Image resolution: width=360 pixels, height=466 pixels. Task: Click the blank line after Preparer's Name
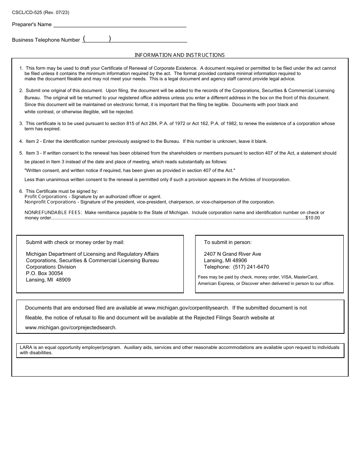pos(120,25)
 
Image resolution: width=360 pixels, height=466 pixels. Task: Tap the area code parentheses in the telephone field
pos(97,39)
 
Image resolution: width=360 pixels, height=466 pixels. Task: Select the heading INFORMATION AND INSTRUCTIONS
pos(180,55)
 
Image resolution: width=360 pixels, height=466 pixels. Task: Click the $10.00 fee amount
pos(313,218)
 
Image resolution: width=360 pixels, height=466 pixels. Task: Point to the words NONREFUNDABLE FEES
pos(53,213)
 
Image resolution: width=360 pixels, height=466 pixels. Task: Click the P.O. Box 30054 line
pos(44,273)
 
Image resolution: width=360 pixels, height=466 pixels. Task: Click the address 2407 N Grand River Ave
pos(232,254)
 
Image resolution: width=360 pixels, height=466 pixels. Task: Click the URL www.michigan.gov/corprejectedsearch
pos(71,327)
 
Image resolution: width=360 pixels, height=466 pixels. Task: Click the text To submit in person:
pos(228,242)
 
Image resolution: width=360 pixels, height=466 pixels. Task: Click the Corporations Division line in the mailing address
pos(51,267)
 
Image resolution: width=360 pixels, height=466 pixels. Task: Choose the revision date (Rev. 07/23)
pos(56,13)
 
